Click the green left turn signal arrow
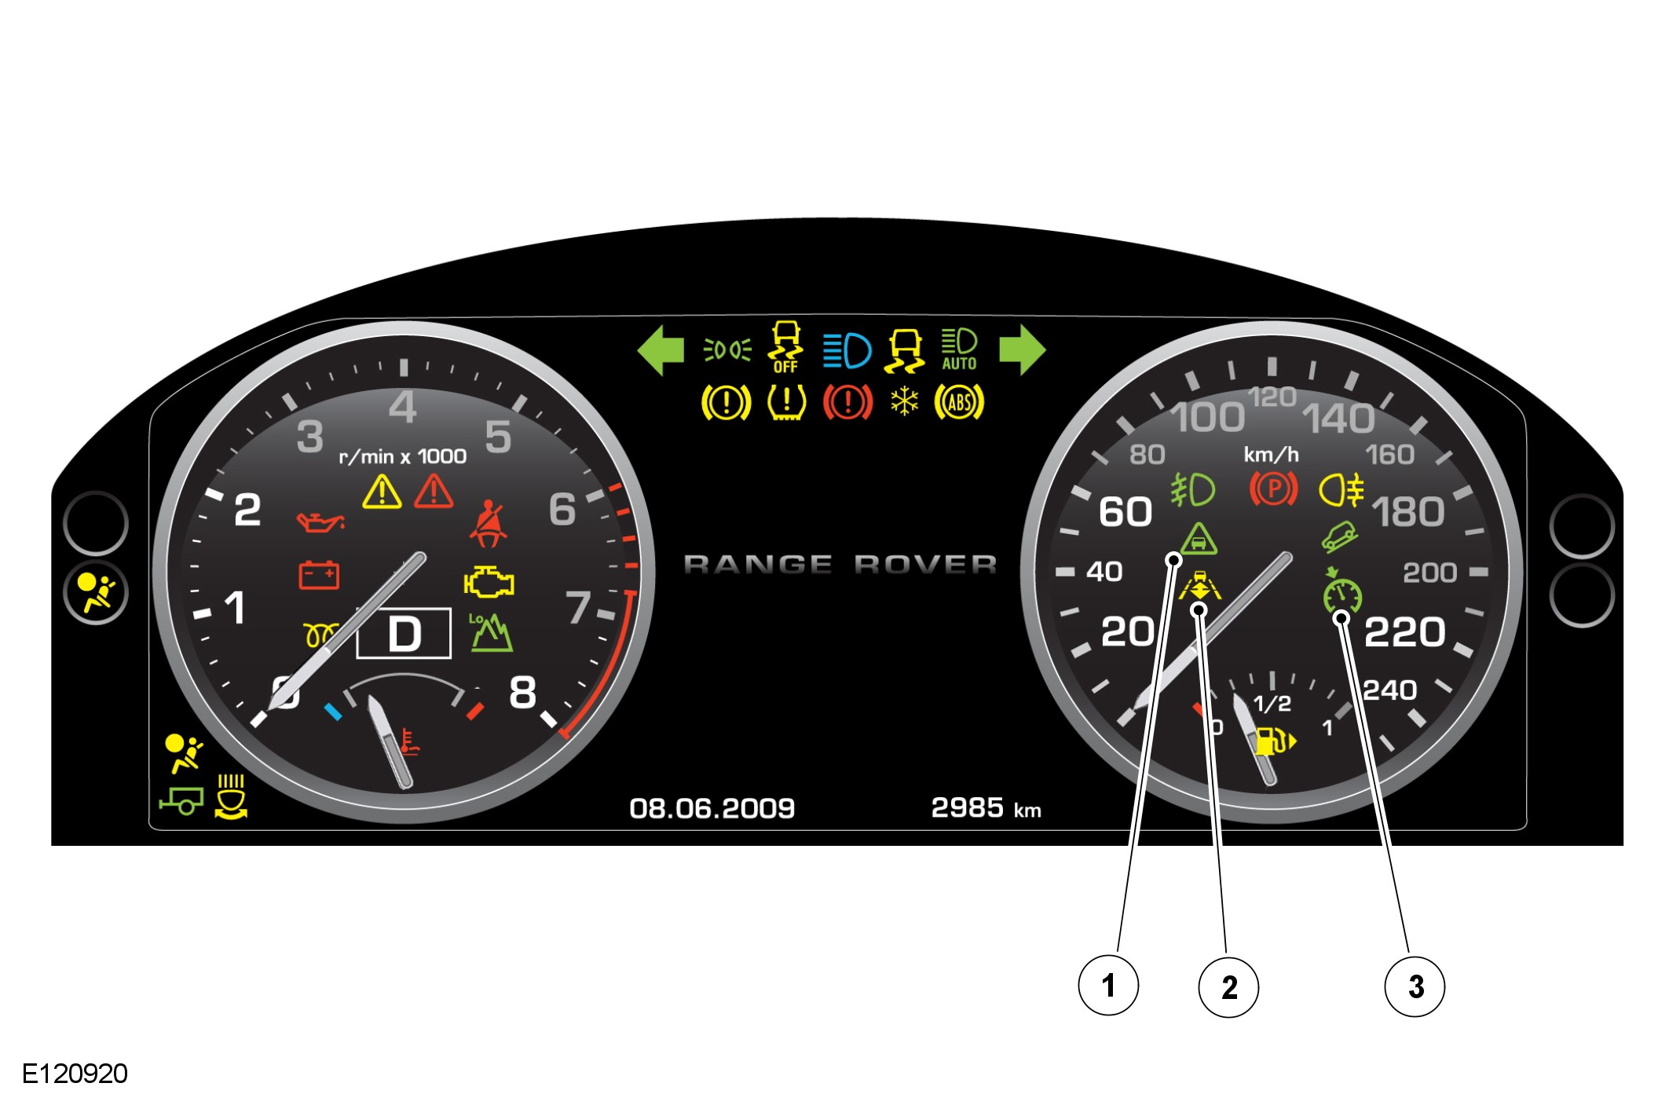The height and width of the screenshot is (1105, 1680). coord(661,350)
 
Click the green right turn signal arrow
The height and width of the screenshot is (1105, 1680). coord(1022,350)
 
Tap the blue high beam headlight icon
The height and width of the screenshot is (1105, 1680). coord(847,350)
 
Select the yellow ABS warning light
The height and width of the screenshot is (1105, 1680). coord(959,403)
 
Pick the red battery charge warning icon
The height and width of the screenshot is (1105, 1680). coord(319,575)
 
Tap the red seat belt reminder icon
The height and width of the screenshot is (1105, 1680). coord(488,524)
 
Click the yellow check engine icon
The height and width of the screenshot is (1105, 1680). coord(489,582)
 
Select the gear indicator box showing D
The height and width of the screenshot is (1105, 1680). coord(404,633)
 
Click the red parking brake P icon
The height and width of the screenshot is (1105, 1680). coord(1273,489)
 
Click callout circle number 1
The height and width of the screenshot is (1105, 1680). coord(1107,985)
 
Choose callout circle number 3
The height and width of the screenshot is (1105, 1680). coord(1415,986)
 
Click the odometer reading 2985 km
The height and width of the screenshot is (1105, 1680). coord(985,808)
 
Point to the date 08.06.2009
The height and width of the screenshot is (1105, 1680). coord(712,808)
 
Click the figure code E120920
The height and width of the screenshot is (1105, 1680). coord(75,1074)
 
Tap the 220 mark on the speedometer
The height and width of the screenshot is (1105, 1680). coord(1404,632)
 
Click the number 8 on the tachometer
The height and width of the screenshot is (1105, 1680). coord(523,693)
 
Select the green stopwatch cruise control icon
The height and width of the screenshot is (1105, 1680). coord(1341,592)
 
